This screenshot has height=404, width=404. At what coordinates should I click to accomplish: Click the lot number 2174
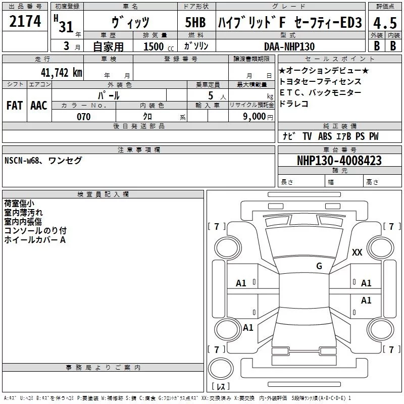(x=25, y=21)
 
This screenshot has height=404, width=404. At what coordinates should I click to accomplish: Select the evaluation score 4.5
(x=385, y=23)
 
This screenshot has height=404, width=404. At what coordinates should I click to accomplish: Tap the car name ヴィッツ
(x=130, y=23)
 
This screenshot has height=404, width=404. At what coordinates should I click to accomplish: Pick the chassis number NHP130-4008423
(x=339, y=161)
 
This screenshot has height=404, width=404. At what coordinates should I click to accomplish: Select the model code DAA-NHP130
(x=289, y=46)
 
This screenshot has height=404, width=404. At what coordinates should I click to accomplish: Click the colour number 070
(x=83, y=117)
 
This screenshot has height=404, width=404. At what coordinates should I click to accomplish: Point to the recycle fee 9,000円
(x=258, y=117)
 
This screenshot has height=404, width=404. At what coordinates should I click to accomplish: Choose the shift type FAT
(x=14, y=105)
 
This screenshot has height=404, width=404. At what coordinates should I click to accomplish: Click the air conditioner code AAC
(x=39, y=105)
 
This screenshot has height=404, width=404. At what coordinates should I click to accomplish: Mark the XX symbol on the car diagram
(x=357, y=253)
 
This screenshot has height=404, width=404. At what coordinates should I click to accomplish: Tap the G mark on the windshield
(x=319, y=266)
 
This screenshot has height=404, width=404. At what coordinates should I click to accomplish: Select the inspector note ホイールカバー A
(x=35, y=240)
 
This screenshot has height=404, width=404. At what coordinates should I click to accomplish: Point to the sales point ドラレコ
(x=293, y=104)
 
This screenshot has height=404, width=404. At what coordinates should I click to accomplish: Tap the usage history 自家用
(x=108, y=46)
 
